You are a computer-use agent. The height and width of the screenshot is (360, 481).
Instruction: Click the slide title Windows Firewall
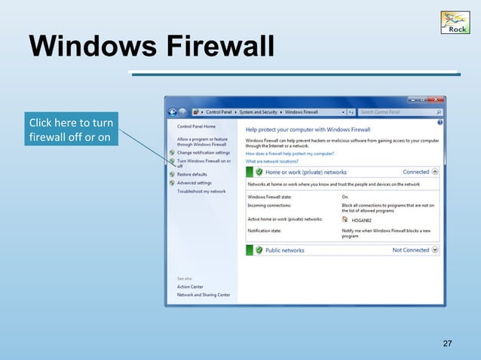coord(151,47)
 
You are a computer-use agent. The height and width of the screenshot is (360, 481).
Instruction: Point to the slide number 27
coord(447,344)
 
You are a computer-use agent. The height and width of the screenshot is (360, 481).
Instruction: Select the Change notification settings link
coord(204,153)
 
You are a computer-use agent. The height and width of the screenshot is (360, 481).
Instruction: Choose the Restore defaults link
coord(192,174)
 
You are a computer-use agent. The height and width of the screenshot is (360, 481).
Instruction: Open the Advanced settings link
coord(194,182)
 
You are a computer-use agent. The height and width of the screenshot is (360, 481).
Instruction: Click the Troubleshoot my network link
coord(201,191)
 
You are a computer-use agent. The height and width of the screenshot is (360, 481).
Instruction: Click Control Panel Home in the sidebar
coord(196,127)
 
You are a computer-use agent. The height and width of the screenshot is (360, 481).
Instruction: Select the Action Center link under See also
coord(190,286)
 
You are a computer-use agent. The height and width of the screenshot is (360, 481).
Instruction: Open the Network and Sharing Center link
coord(204,294)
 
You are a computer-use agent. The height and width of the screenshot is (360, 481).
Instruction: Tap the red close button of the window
coord(435,99)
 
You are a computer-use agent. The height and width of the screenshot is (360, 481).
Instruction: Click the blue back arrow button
coord(173,112)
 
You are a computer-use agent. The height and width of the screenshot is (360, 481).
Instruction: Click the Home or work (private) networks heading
coord(305,172)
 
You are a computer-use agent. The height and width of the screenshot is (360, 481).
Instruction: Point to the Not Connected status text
coord(410,250)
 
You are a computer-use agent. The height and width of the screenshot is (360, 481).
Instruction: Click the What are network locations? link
coord(272,161)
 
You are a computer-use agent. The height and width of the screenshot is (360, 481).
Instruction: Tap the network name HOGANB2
coord(363,220)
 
